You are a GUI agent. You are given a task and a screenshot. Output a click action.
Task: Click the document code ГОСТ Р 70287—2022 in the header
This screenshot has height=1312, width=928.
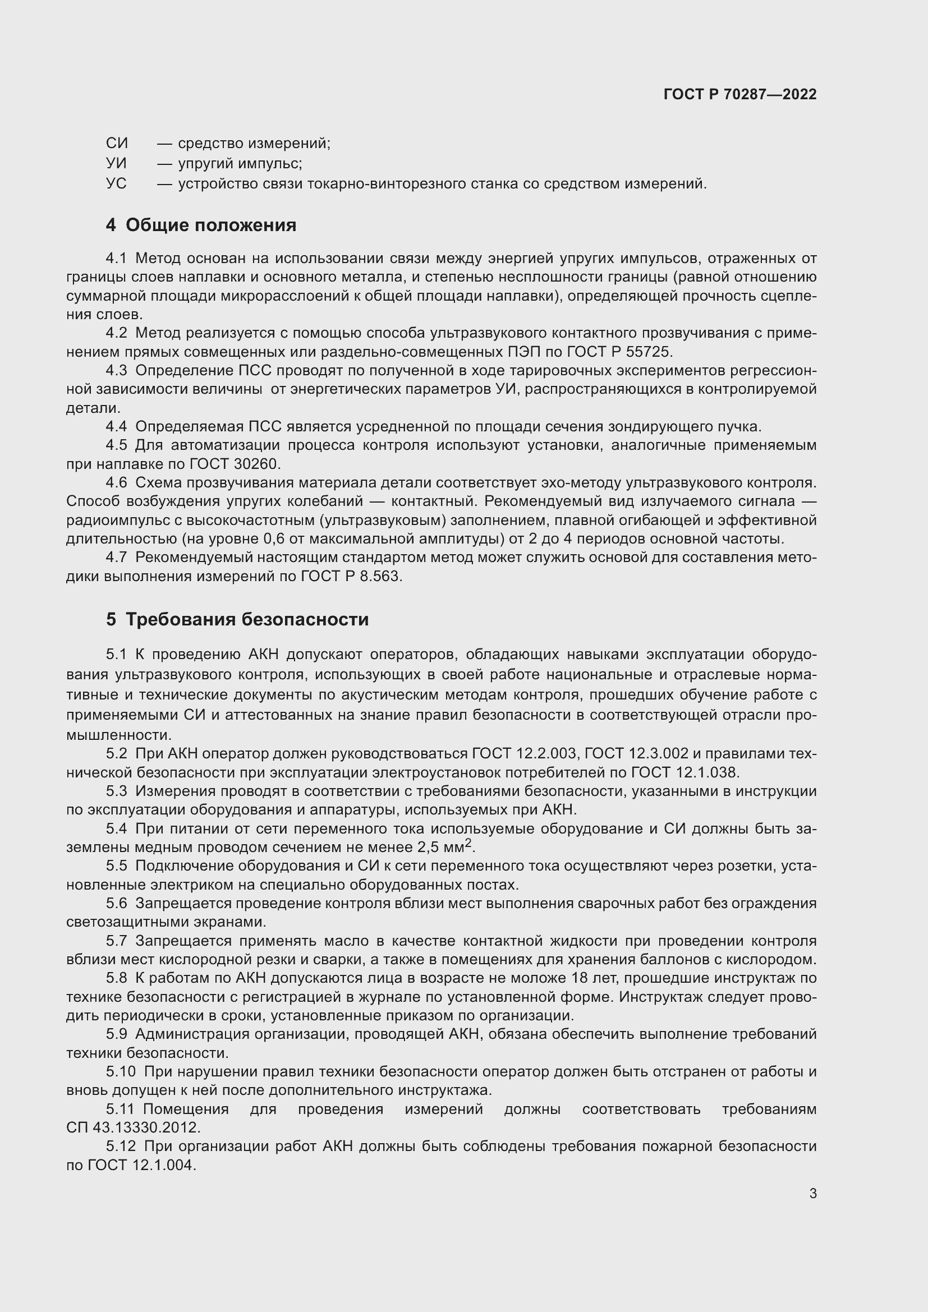(x=740, y=94)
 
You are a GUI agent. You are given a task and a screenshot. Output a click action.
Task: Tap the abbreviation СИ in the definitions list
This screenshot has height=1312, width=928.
(x=117, y=143)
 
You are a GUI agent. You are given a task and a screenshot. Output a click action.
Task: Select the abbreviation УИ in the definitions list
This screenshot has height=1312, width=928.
(x=117, y=163)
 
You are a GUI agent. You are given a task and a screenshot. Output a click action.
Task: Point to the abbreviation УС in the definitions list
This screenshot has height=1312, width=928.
(x=117, y=184)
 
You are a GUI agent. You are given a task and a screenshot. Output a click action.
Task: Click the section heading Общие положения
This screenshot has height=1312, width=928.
(x=210, y=225)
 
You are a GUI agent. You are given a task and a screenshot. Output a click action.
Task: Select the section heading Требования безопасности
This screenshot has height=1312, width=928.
(x=247, y=619)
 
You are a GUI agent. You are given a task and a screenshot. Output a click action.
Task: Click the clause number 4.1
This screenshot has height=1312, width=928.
(x=117, y=259)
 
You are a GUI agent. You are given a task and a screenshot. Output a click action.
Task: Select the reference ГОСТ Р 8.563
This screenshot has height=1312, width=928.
(x=351, y=577)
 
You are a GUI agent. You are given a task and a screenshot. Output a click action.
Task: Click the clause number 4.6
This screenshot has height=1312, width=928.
(x=117, y=483)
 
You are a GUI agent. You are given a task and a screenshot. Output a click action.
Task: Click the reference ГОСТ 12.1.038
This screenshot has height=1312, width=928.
(x=684, y=773)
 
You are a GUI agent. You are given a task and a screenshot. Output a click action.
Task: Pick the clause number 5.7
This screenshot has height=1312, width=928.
(x=117, y=941)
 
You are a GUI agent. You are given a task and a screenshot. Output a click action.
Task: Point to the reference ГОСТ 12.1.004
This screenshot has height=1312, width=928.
(x=141, y=1165)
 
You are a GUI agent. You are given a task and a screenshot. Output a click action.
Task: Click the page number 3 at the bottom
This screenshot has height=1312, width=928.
(x=812, y=1194)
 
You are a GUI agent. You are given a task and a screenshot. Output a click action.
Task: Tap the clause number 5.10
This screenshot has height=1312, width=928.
(x=121, y=1072)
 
